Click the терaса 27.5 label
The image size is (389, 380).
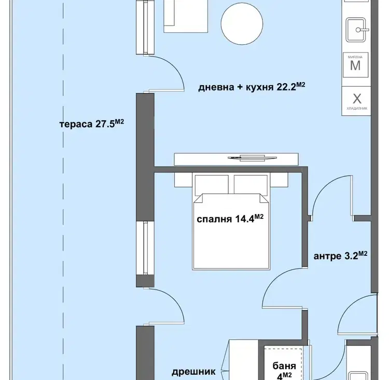(91, 124)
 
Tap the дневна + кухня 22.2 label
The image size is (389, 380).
(252, 87)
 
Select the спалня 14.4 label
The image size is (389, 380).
(230, 219)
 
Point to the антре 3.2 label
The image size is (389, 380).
(340, 256)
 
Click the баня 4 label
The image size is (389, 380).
(284, 371)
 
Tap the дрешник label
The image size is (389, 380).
(193, 372)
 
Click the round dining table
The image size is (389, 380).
(242, 24)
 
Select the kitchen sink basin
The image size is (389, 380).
(356, 30)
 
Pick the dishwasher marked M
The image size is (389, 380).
(355, 65)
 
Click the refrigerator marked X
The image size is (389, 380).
(356, 101)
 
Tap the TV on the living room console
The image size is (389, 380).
(252, 158)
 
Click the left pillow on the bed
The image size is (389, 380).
(212, 184)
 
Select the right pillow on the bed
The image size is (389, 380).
(251, 184)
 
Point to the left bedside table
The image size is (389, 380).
(183, 179)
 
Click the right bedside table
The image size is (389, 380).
(279, 179)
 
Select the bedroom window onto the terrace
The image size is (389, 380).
(145, 248)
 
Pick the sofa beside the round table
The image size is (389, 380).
(185, 16)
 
